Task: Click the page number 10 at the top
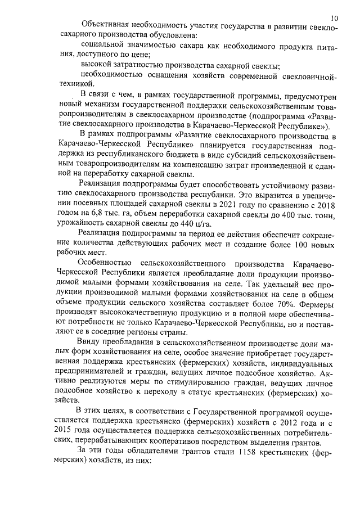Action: (x=335, y=17)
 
